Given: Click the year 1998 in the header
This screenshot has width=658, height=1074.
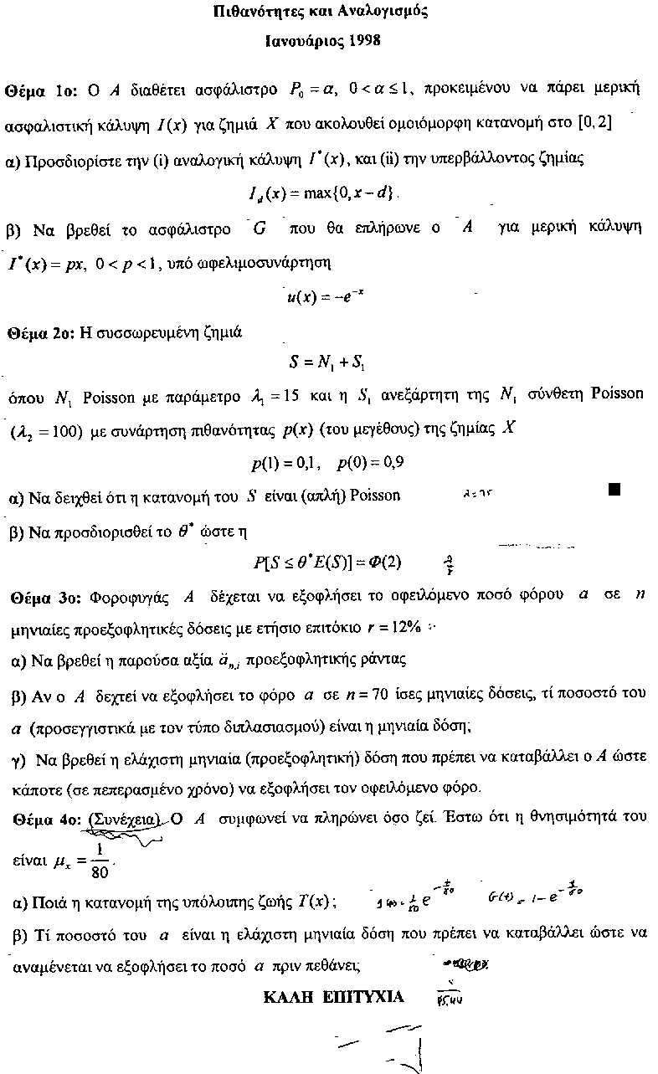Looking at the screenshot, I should [365, 39].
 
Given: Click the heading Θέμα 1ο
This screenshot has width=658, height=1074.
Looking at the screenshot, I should [40, 89].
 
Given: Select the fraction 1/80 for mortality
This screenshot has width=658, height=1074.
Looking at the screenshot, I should [100, 858].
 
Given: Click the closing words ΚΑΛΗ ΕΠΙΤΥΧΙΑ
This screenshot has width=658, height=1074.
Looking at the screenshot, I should [333, 996].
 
